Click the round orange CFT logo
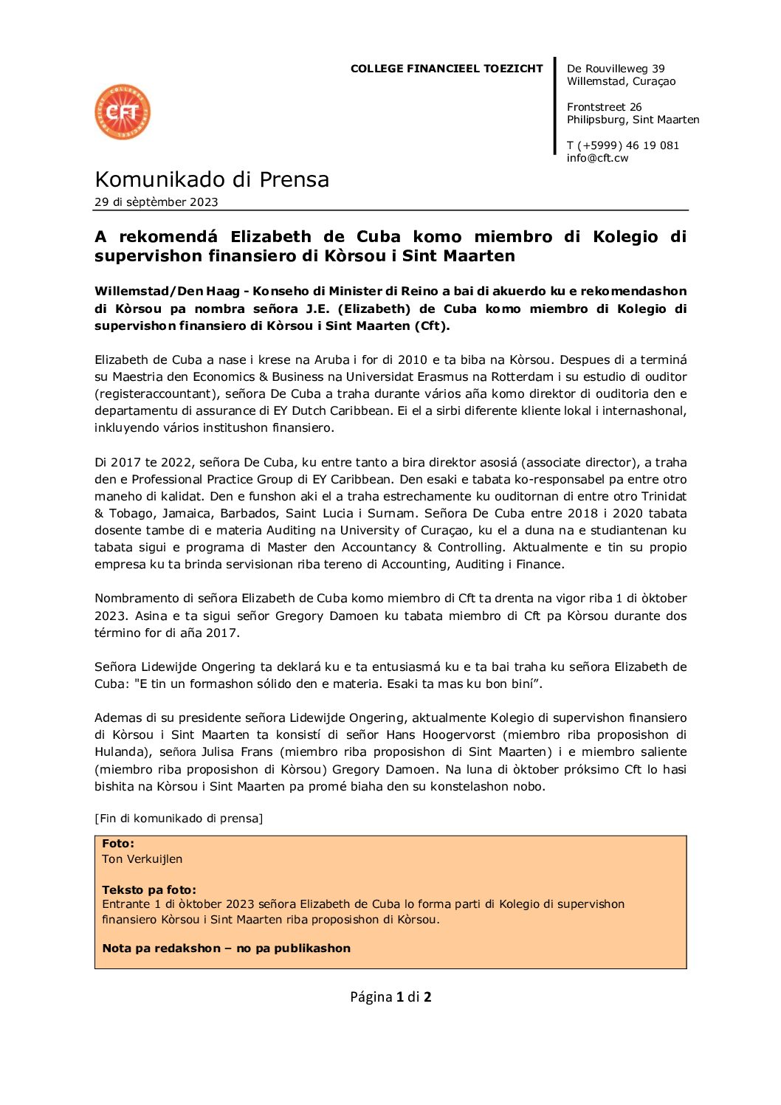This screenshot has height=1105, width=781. [123, 112]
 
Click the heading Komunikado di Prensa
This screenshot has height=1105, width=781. [212, 179]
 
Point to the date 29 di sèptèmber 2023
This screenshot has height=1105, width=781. [156, 202]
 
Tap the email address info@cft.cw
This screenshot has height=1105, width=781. [597, 158]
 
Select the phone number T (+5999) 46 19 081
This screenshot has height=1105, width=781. [622, 145]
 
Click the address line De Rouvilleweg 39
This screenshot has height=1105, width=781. [616, 69]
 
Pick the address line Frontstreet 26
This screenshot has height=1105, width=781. [604, 107]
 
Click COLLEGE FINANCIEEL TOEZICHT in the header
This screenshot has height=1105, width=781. [447, 69]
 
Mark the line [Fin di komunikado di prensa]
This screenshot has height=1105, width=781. [179, 819]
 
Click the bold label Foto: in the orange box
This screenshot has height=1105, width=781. [118, 844]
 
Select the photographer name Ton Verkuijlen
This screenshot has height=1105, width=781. [142, 859]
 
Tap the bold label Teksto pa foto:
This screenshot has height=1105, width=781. [149, 890]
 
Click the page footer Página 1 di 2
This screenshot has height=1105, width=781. [390, 997]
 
